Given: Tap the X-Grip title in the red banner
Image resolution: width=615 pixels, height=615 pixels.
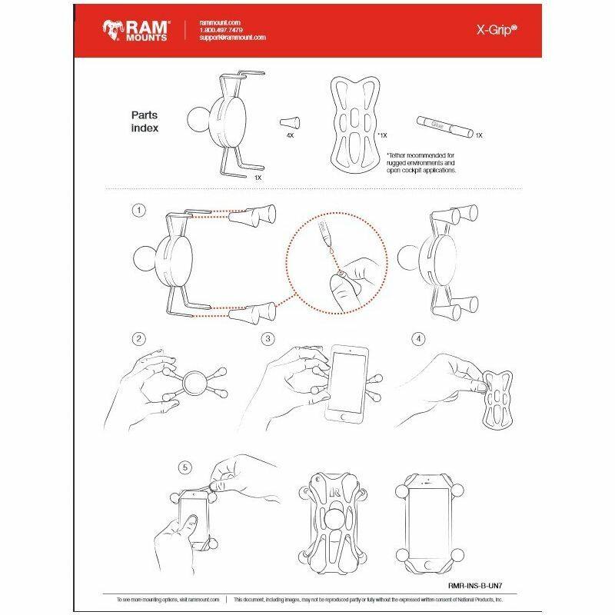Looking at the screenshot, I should pos(492,30).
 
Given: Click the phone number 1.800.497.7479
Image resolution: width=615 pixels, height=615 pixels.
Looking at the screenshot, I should pos(219,30).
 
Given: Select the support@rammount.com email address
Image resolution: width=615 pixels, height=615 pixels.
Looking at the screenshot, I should pos(231,38).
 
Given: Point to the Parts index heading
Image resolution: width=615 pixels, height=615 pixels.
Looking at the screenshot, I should pos(145,122).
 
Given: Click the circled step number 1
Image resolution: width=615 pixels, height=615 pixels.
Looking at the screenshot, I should pos(138,209).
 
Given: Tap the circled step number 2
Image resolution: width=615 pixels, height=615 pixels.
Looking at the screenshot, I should pos(138,338).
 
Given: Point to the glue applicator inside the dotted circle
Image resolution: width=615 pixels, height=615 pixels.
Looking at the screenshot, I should pos(327,235).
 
